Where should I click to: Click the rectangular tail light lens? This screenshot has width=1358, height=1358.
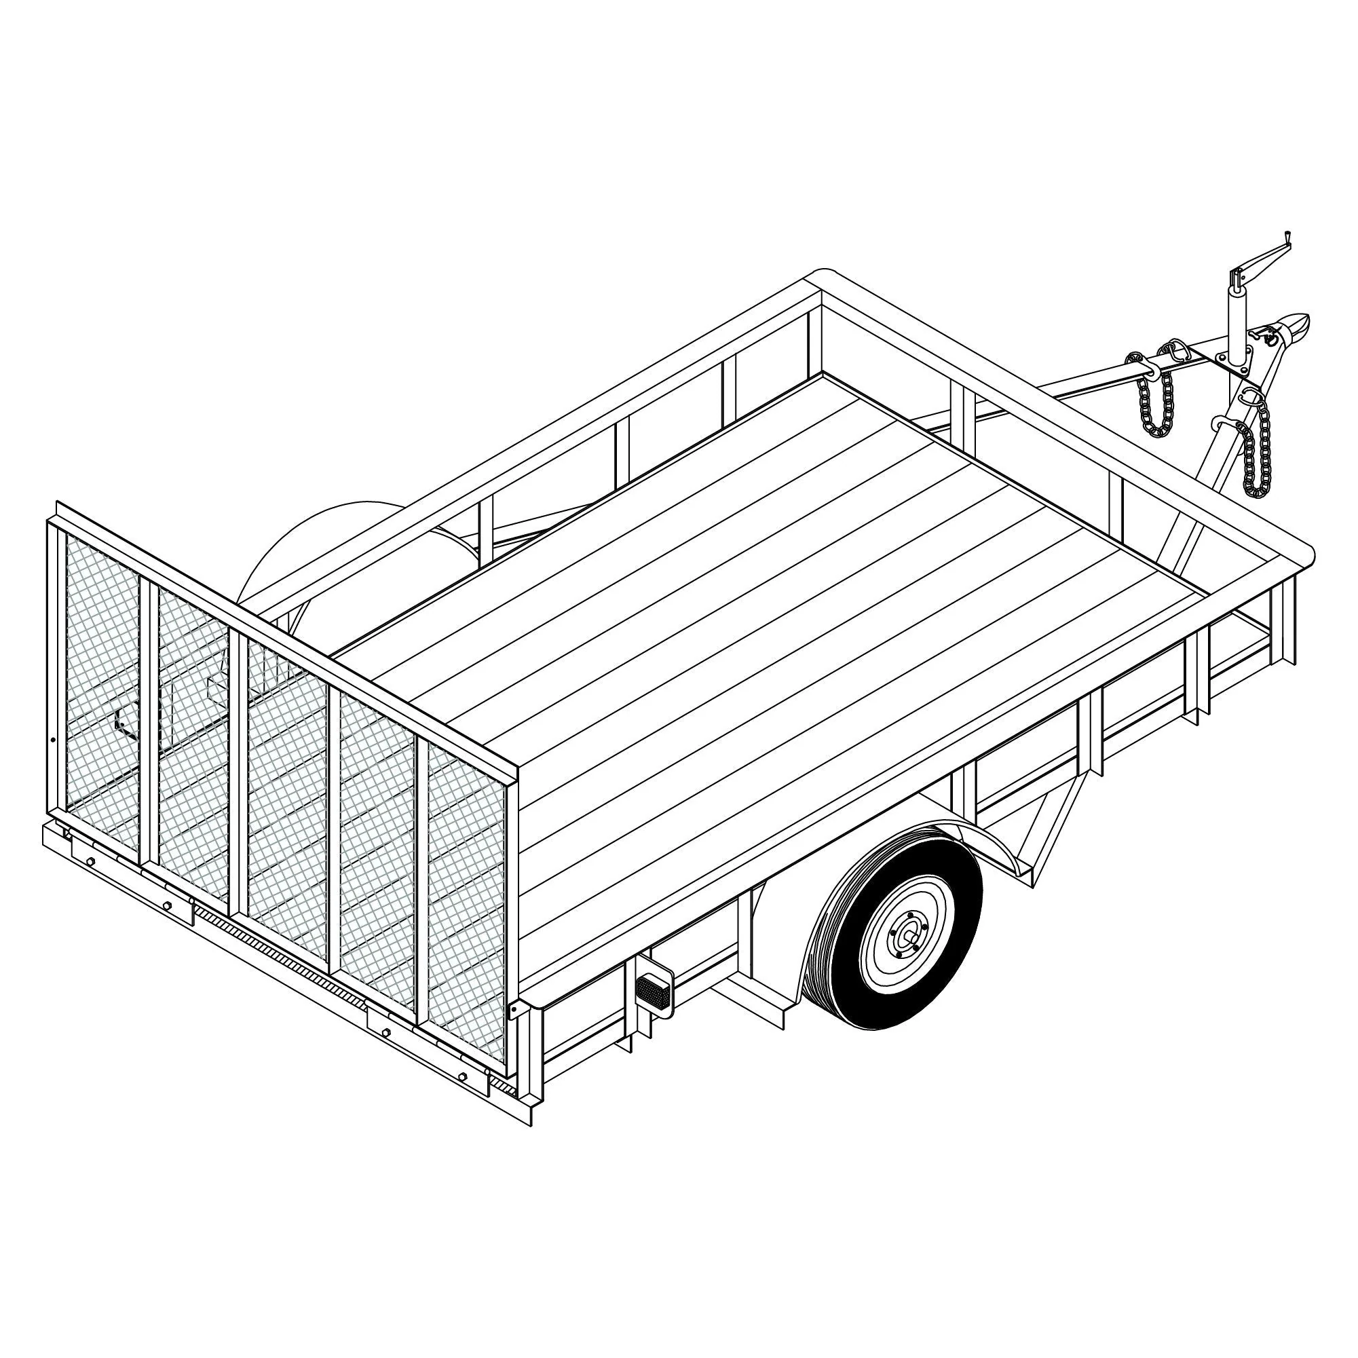pos(654,991)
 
